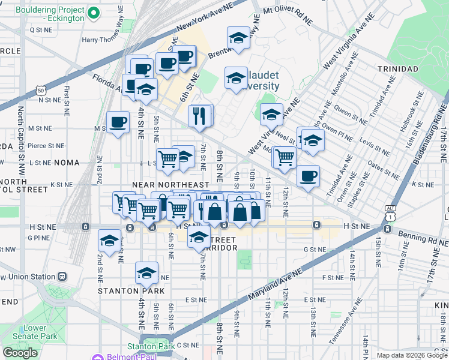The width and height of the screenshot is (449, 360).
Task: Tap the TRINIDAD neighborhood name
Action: (x=397, y=69)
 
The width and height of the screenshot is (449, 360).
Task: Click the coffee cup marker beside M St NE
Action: (x=118, y=122)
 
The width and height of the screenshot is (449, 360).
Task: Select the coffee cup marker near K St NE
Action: (x=308, y=176)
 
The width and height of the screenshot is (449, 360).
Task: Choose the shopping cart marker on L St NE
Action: (x=168, y=158)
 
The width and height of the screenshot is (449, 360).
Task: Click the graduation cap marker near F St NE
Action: (x=146, y=272)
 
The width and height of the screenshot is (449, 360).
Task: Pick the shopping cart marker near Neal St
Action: (x=285, y=157)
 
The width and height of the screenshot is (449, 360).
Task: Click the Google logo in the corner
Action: (x=20, y=352)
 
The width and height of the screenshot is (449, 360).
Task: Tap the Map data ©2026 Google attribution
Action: (x=411, y=355)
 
